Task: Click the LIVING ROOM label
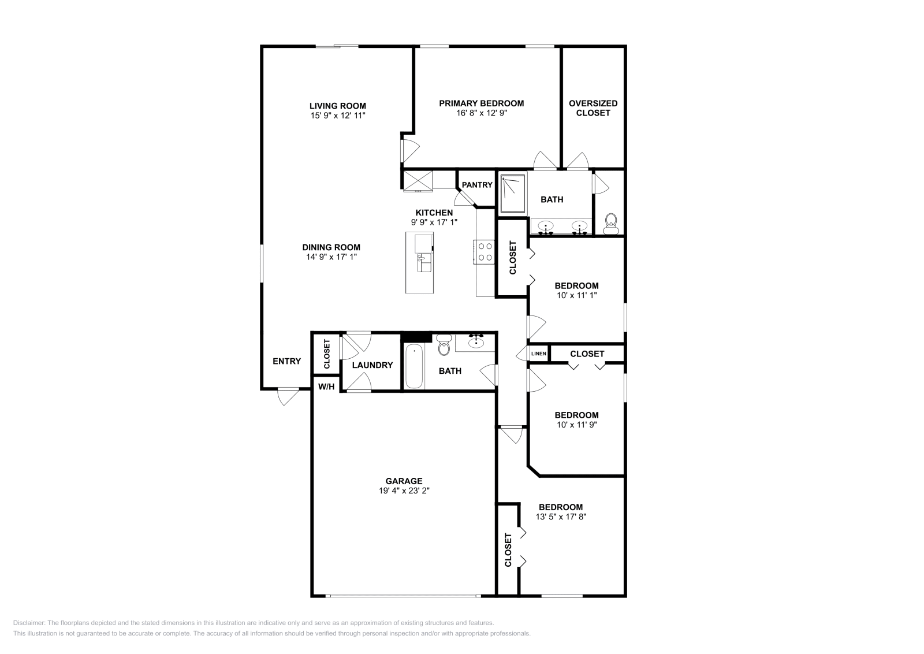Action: click(337, 106)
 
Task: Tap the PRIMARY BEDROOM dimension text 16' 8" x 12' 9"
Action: click(481, 113)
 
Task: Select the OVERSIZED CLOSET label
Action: click(593, 108)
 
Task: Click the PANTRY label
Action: click(477, 185)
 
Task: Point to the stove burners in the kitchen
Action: click(485, 252)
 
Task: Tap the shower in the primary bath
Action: click(512, 194)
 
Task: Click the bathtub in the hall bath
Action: click(413, 366)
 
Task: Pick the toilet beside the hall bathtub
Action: click(444, 347)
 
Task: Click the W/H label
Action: click(326, 386)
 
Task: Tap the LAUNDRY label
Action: click(372, 365)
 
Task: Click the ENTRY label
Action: click(286, 361)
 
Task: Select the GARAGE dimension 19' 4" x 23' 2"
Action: click(404, 490)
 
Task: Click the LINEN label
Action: click(538, 354)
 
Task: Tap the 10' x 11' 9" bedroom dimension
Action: click(576, 424)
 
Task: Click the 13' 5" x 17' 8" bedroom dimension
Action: click(561, 516)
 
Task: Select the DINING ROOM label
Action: click(331, 247)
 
